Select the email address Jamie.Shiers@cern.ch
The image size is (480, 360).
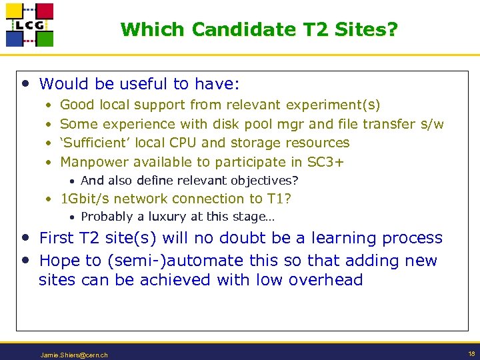pos(74,355)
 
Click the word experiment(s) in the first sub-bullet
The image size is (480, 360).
pos(333,105)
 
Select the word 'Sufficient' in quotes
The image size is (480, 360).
pos(95,143)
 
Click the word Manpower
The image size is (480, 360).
pos(94,161)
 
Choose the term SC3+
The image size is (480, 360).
pos(325,161)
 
